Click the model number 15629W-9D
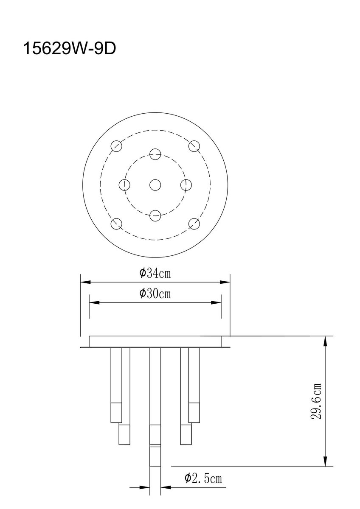pyautogui.click(x=70, y=48)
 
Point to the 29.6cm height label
pyautogui.click(x=316, y=401)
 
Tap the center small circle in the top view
pyautogui.click(x=155, y=185)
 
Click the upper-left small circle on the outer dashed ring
pyautogui.click(x=116, y=145)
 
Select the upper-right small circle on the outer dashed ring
pyautogui.click(x=194, y=146)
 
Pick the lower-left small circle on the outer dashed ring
pyautogui.click(x=116, y=224)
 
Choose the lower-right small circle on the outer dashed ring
pyautogui.click(x=194, y=224)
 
